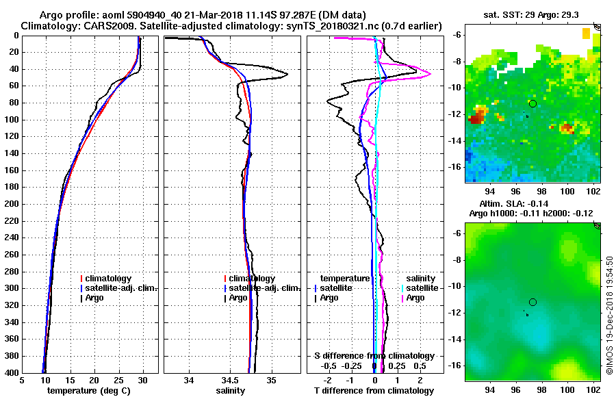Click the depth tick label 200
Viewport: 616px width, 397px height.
point(12,204)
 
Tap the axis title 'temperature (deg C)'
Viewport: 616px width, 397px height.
point(88,391)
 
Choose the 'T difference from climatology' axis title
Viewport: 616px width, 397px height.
point(374,391)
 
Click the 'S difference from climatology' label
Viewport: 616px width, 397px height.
point(374,356)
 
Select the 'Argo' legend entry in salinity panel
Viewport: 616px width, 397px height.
point(238,298)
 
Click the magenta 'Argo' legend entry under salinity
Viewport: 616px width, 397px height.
point(415,298)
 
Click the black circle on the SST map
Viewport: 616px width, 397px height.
point(532,103)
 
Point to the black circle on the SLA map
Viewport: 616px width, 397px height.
point(532,302)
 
